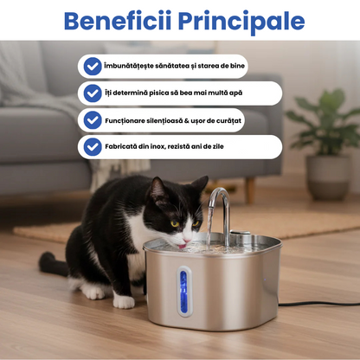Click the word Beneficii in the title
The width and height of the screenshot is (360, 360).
click(x=118, y=21)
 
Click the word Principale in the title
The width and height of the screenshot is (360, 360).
click(x=241, y=22)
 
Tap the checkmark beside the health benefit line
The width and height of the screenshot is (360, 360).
click(x=93, y=67)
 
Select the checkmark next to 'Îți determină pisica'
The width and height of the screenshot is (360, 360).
click(x=93, y=93)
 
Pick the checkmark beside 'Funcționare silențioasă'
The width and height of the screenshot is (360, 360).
click(x=93, y=120)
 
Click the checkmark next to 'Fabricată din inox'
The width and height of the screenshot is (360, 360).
click(x=93, y=146)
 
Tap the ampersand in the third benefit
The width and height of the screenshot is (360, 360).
click(x=186, y=120)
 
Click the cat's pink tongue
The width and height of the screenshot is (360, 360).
click(x=182, y=246)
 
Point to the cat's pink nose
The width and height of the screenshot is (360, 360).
click(x=187, y=241)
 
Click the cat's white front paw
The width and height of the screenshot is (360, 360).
click(x=124, y=301)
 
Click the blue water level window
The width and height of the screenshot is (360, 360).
click(x=183, y=292)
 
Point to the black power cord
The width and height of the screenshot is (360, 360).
click(x=319, y=304)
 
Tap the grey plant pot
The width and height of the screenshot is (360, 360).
click(x=328, y=177)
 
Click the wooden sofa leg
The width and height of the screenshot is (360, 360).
click(x=250, y=190)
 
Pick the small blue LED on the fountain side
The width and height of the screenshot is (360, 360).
click(x=264, y=280)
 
